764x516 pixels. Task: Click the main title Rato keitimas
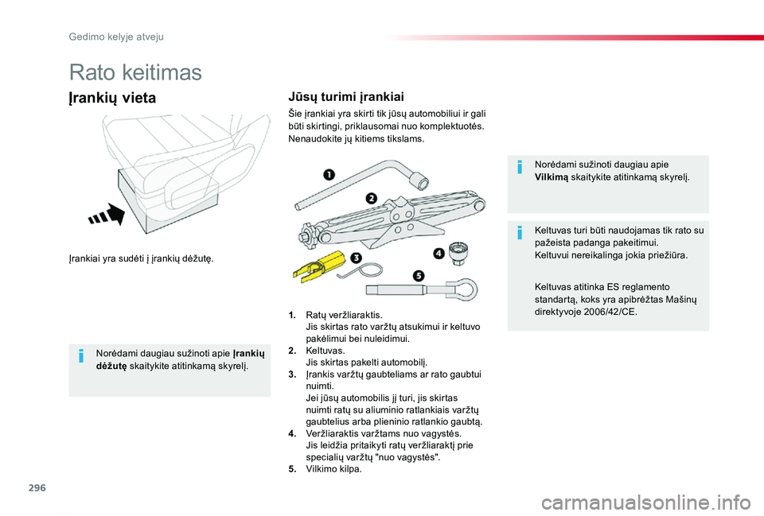[135, 72]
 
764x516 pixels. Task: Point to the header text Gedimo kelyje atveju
[116, 36]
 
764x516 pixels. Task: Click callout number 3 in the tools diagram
[356, 257]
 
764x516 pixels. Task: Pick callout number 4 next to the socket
[439, 254]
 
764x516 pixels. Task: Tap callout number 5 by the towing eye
[419, 276]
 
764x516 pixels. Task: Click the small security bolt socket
[458, 252]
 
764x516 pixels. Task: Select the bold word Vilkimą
[552, 177]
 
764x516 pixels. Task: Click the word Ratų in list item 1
[316, 316]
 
